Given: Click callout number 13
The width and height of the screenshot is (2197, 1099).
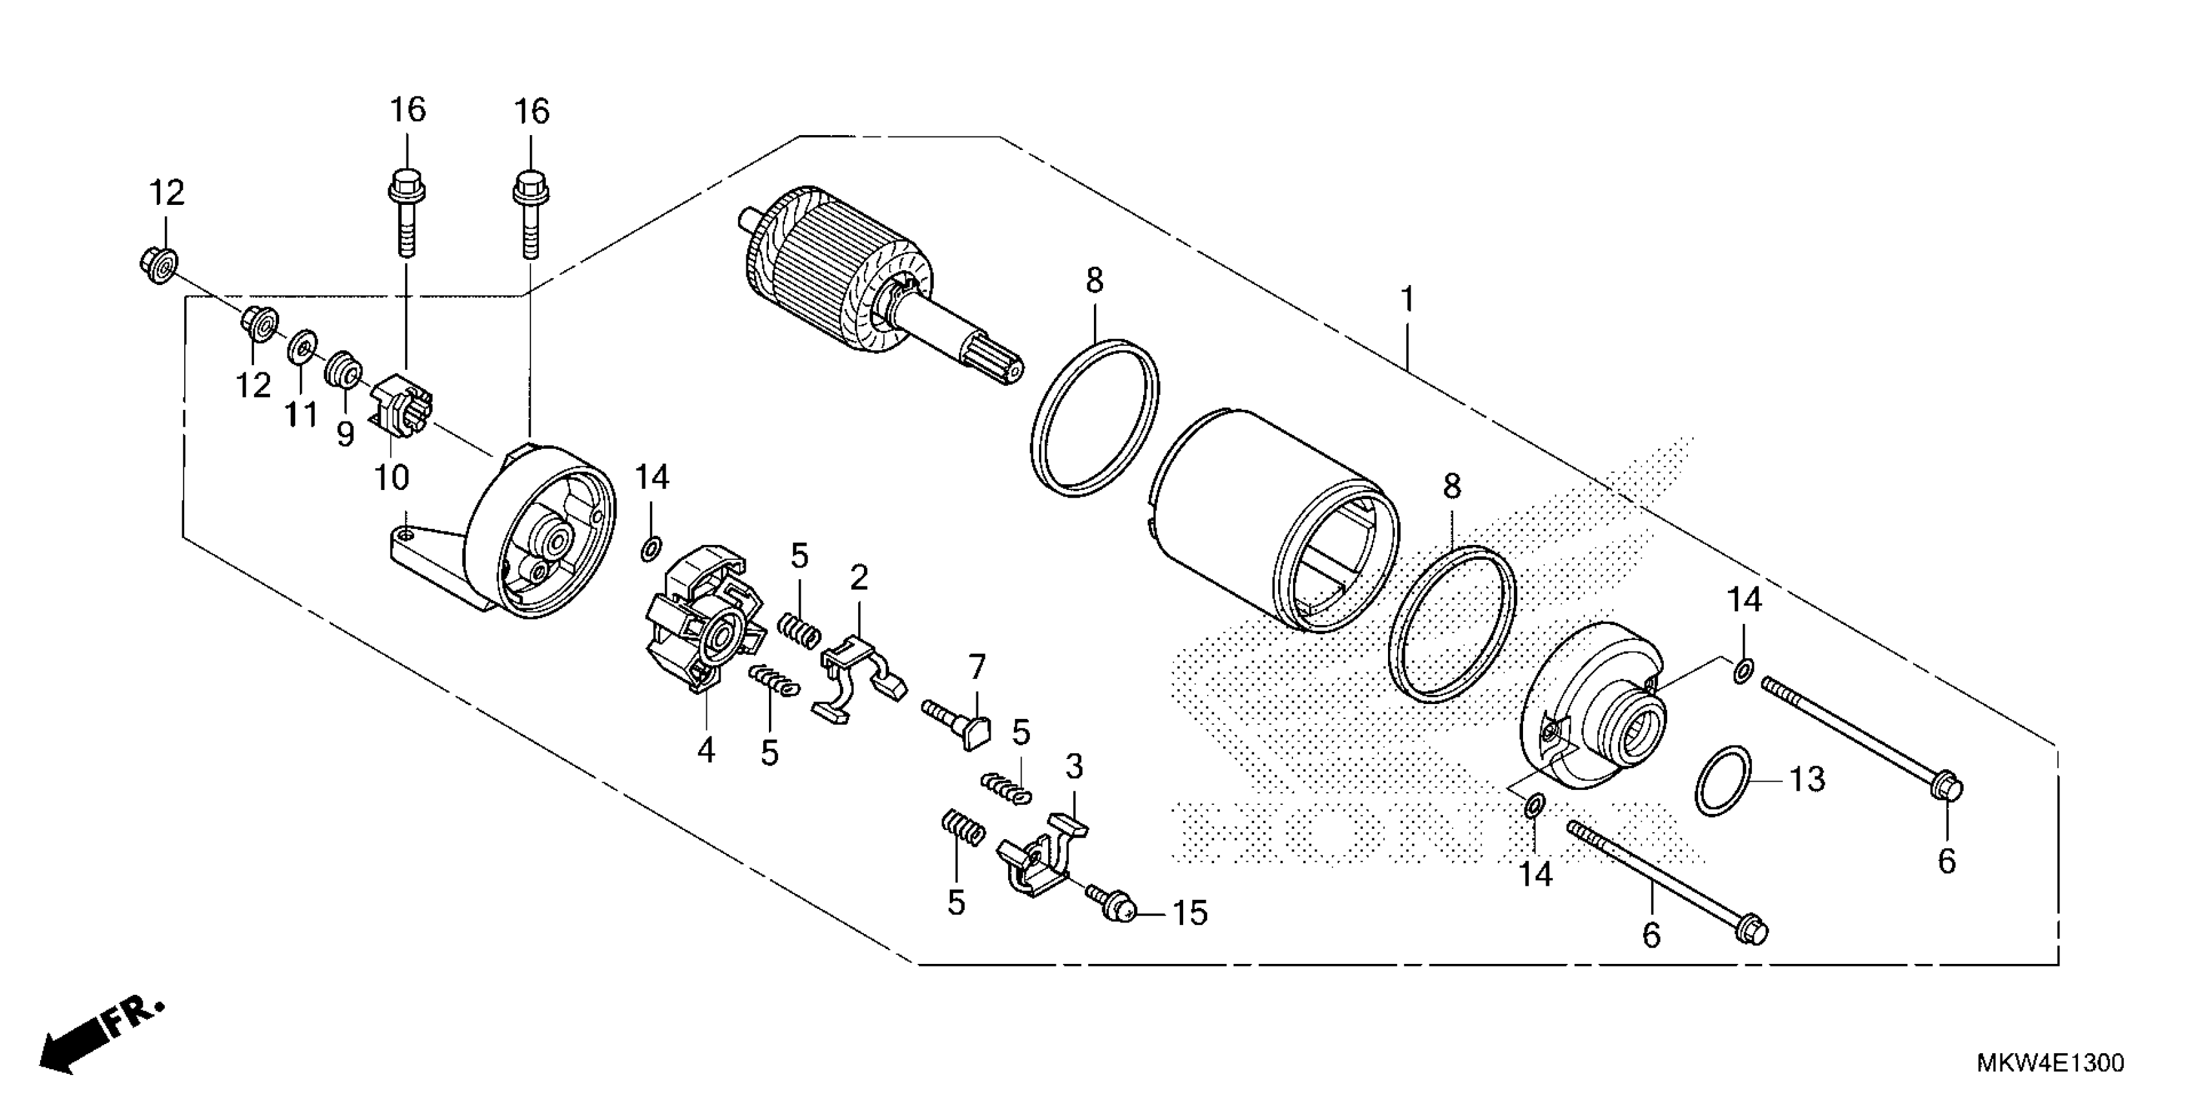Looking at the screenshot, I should [1806, 779].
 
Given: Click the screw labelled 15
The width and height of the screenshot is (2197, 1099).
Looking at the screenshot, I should [1109, 905].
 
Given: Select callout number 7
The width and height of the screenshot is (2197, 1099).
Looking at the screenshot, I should [976, 666].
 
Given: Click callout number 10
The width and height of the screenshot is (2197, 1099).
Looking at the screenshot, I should [392, 478].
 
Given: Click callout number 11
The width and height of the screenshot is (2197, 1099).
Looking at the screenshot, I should [300, 416].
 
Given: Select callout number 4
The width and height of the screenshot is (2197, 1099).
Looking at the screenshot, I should [706, 751].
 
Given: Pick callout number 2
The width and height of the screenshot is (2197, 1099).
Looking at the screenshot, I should [859, 578].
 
